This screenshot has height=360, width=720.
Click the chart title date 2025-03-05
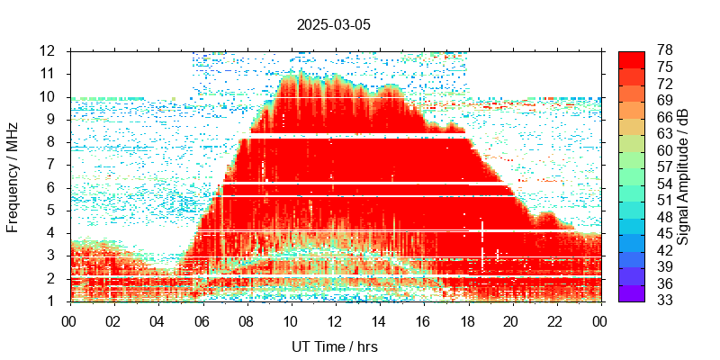coord(333,25)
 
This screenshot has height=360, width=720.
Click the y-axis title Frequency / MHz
coord(13,176)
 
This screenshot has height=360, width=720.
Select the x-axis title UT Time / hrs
coord(334,346)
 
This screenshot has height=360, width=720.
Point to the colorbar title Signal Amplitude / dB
coord(683,176)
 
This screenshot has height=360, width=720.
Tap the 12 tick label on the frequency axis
coord(49,50)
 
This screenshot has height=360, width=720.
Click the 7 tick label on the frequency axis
coord(53,165)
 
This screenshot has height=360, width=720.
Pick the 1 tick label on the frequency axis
coord(53,301)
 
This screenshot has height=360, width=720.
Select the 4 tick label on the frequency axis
coord(53,233)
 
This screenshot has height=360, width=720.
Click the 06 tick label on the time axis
coord(202,320)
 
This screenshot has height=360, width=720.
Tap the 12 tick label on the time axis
coord(335,320)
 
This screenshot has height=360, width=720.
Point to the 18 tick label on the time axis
coord(467,320)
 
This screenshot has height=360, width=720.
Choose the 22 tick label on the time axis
coord(555,320)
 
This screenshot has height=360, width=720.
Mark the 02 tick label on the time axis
coord(113,320)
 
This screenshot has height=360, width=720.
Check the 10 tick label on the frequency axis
coord(49,96)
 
